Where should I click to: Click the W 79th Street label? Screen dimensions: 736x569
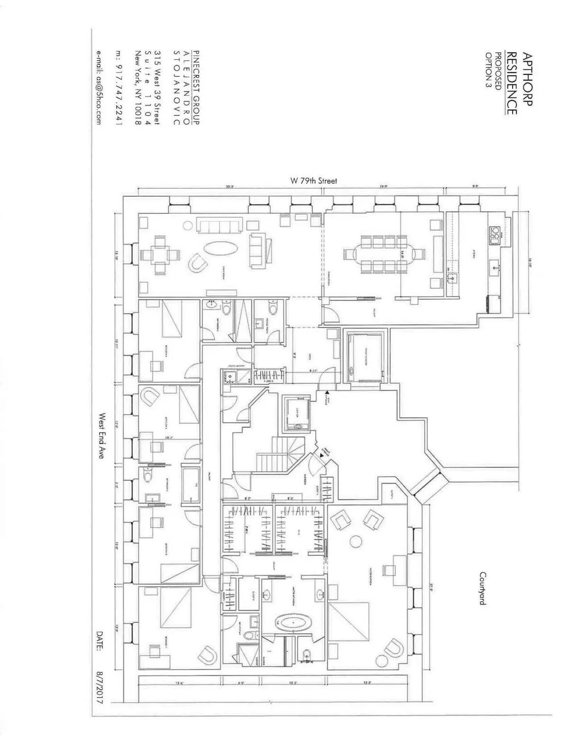coord(313,181)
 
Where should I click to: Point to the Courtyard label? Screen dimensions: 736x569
coord(482,588)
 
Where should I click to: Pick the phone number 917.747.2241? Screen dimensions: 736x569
coord(119,88)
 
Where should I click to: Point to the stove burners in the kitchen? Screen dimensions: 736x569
coord(495,234)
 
